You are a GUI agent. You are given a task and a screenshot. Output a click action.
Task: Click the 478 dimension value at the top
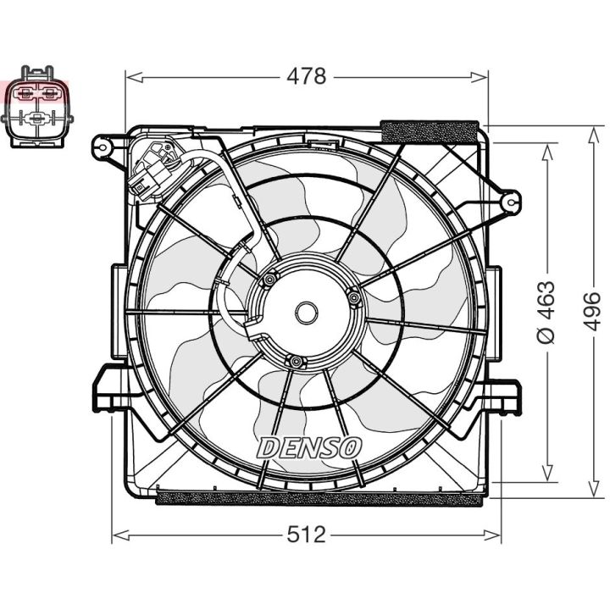tap(307, 76)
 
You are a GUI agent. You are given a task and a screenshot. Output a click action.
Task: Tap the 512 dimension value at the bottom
tap(307, 535)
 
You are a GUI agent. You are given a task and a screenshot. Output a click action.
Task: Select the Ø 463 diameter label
tap(548, 312)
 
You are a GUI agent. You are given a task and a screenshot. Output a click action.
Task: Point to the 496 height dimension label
tap(592, 312)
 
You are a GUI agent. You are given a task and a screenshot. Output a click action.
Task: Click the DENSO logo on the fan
tap(309, 446)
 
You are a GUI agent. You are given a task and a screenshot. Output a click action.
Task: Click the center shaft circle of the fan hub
tap(305, 313)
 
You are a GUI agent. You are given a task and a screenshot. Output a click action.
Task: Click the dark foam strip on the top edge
tap(431, 131)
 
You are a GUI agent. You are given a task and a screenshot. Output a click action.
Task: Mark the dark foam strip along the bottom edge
tap(322, 497)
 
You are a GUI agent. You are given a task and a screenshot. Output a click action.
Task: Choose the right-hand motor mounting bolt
tap(352, 296)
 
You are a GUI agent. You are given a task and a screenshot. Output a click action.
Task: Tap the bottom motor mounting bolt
tap(295, 363)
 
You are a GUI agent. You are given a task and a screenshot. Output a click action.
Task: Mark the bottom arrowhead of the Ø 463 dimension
tap(548, 479)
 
